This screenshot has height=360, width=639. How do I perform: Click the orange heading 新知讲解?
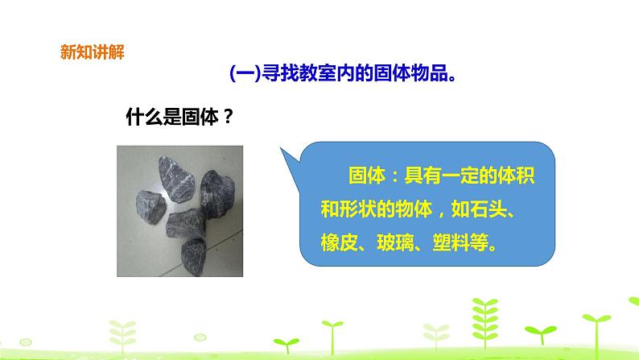click(93, 54)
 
